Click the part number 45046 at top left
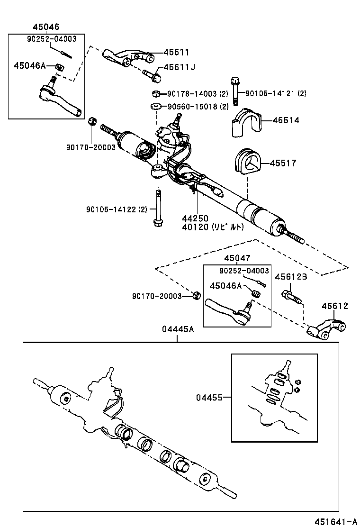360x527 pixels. [46, 27]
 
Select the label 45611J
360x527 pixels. [180, 68]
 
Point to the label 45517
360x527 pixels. [283, 163]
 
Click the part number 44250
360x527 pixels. [195, 218]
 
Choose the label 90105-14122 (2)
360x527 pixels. [117, 209]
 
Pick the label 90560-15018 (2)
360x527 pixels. [198, 107]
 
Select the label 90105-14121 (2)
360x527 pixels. [276, 93]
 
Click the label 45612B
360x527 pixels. [291, 277]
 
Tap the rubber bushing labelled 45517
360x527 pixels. [247, 164]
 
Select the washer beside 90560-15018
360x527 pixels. [155, 106]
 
